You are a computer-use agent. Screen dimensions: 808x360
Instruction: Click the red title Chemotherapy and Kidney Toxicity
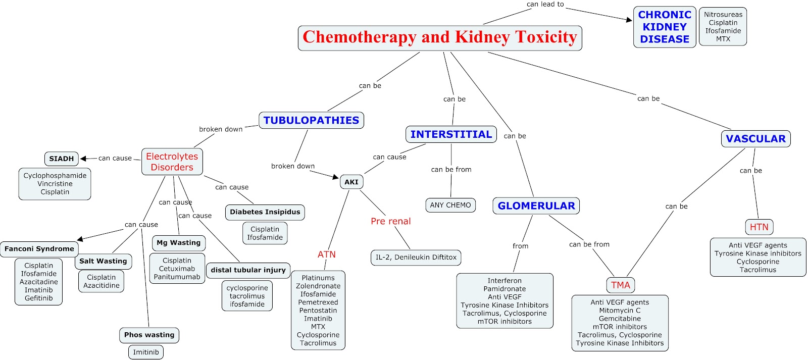(x=440, y=37)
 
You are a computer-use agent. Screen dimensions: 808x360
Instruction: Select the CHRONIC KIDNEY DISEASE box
(x=665, y=27)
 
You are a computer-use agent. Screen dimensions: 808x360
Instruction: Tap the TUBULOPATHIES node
(x=311, y=120)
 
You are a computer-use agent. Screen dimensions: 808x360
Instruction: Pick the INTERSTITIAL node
(x=451, y=134)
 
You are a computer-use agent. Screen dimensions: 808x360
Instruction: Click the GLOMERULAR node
(x=536, y=205)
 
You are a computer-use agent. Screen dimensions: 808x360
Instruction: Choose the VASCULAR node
(x=755, y=138)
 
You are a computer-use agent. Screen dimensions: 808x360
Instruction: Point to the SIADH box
(x=61, y=159)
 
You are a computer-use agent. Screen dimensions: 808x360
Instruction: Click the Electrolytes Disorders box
(x=172, y=162)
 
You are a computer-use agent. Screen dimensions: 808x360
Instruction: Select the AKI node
(x=351, y=182)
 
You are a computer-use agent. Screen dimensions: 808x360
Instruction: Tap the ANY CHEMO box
(x=450, y=205)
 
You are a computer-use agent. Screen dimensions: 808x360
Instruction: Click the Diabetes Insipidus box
(x=265, y=212)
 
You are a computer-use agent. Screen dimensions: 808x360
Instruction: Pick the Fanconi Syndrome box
(x=39, y=249)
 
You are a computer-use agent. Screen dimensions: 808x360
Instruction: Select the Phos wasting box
(x=149, y=335)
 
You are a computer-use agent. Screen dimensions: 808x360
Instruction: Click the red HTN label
(x=759, y=227)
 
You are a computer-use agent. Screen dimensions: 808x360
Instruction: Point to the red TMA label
(x=621, y=285)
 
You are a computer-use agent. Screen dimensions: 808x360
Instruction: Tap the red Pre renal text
(x=391, y=221)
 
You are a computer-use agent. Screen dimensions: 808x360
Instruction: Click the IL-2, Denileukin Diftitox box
(x=416, y=258)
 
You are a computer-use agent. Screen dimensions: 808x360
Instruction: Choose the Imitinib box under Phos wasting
(x=146, y=352)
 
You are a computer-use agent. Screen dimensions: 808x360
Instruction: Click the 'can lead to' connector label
(x=545, y=5)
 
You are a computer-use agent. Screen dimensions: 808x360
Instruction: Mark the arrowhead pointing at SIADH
(x=83, y=159)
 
